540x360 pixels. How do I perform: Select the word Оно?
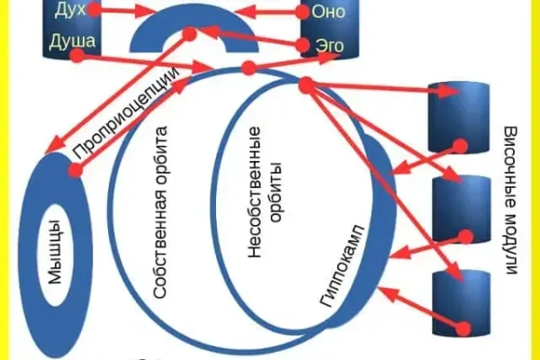(327, 12)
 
